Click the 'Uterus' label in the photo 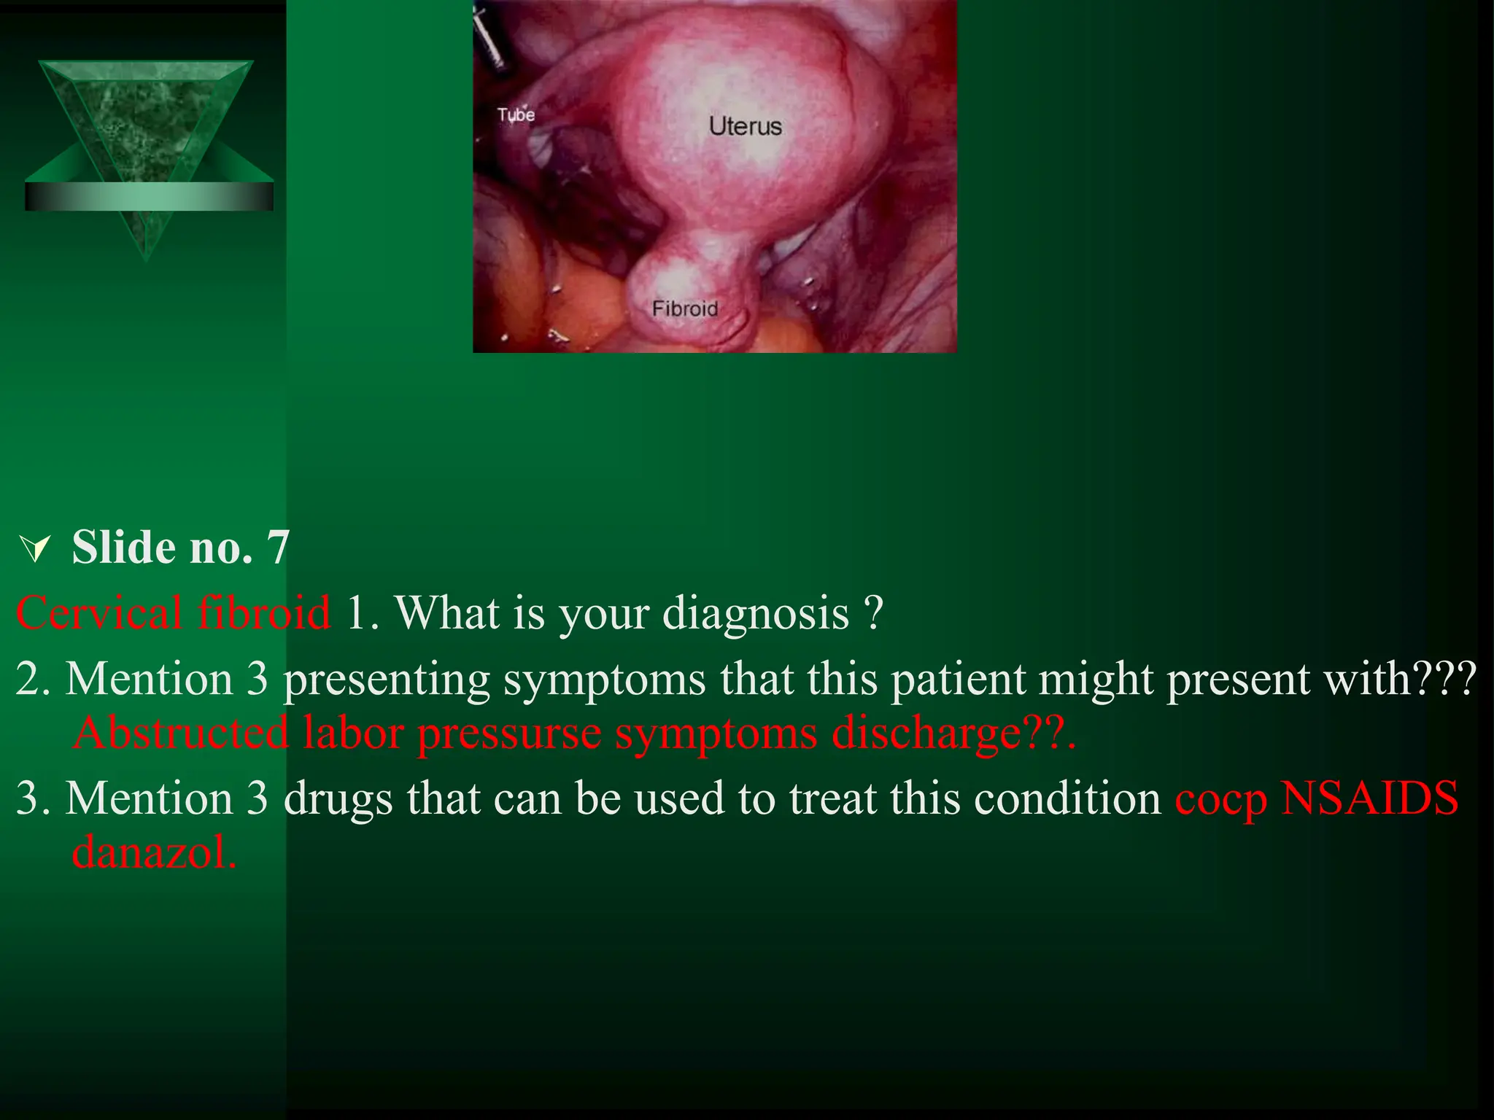point(745,126)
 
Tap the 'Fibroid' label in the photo point(684,308)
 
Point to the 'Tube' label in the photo point(516,114)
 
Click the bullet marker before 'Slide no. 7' point(35,549)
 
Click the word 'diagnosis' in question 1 point(755,612)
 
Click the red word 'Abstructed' point(181,733)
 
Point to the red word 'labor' point(353,733)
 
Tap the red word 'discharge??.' point(953,733)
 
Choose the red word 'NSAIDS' point(1369,798)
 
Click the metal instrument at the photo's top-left point(489,36)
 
